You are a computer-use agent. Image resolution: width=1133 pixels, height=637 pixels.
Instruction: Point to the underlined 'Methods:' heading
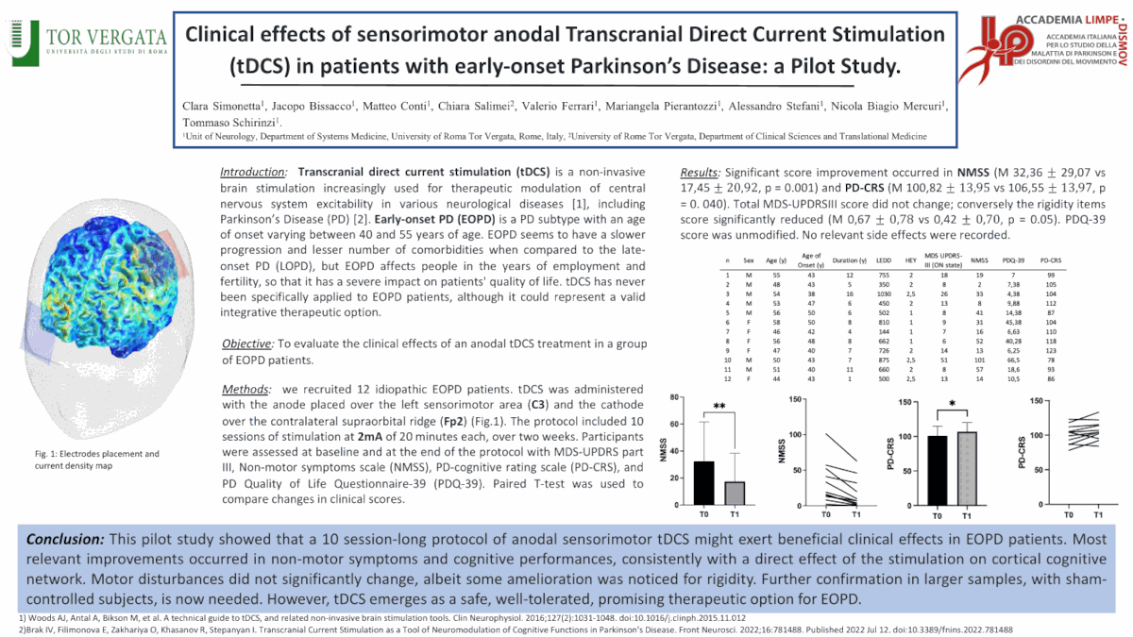pos(246,390)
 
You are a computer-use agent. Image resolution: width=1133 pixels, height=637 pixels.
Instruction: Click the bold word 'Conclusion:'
pos(67,538)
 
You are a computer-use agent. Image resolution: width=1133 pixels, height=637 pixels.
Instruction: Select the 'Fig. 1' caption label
pos(45,454)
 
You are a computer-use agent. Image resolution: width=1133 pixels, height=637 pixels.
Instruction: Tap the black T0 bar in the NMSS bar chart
pos(703,482)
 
